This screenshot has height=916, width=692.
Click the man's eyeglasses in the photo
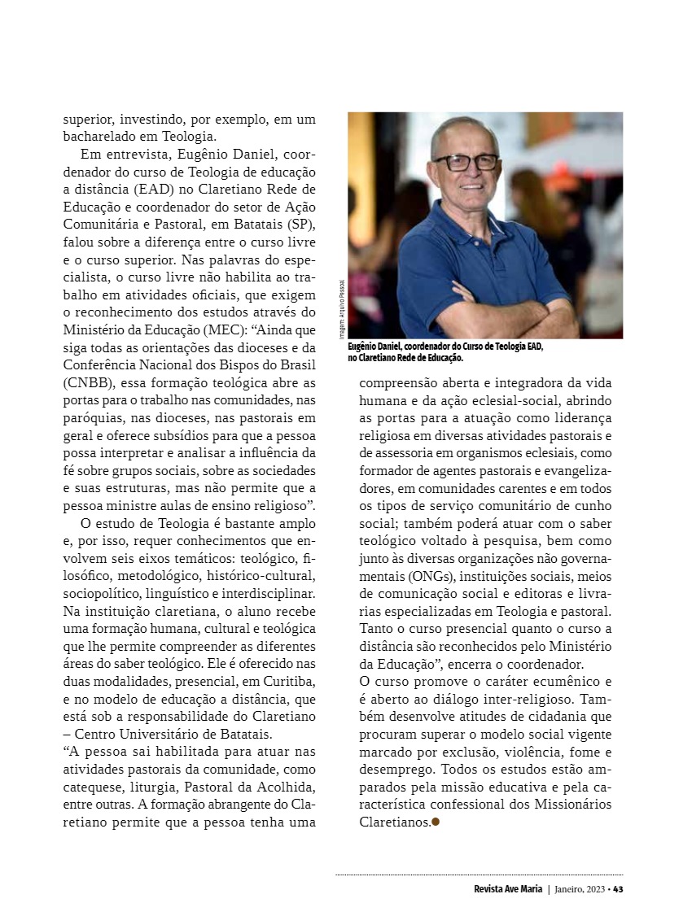click(466, 162)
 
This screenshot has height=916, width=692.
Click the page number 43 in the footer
click(618, 888)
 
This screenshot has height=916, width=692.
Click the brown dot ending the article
click(436, 822)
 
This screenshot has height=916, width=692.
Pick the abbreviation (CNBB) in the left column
click(85, 383)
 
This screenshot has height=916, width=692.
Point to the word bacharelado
click(101, 136)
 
